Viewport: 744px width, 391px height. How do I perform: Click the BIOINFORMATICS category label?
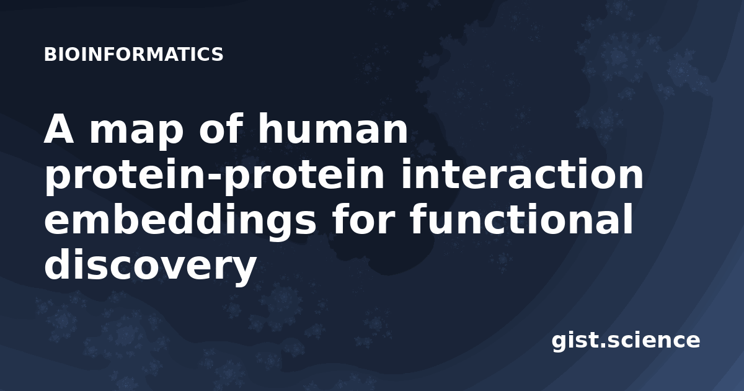133,54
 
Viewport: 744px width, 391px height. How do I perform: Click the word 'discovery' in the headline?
150,266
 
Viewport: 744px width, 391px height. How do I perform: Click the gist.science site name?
626,341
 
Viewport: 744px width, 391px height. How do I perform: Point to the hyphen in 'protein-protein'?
216,178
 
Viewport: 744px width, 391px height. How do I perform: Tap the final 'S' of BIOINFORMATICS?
217,54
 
